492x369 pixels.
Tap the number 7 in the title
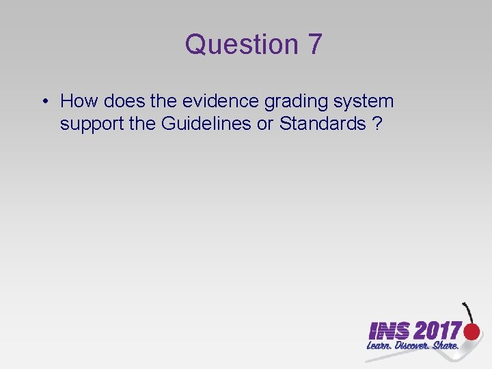pos(314,45)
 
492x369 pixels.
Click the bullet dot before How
pos(43,102)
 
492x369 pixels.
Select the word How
pos(79,102)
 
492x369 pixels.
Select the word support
pos(91,125)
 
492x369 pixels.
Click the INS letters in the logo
pos(389,331)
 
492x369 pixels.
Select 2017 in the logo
pos(437,331)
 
